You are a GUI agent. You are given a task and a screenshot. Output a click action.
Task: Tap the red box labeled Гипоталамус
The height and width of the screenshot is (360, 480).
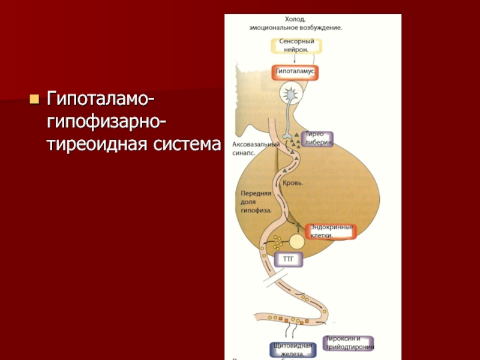296,72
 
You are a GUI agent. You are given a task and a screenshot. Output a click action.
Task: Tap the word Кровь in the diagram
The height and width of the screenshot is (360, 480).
293,182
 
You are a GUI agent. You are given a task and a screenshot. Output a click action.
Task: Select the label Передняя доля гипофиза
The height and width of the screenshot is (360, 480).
257,202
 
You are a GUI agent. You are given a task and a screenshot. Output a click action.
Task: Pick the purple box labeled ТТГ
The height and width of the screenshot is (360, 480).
289,260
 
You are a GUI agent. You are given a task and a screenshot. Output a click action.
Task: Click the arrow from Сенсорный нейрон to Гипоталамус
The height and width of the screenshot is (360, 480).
295,59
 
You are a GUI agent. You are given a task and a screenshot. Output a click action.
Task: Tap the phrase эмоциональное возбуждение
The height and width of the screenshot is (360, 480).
296,28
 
